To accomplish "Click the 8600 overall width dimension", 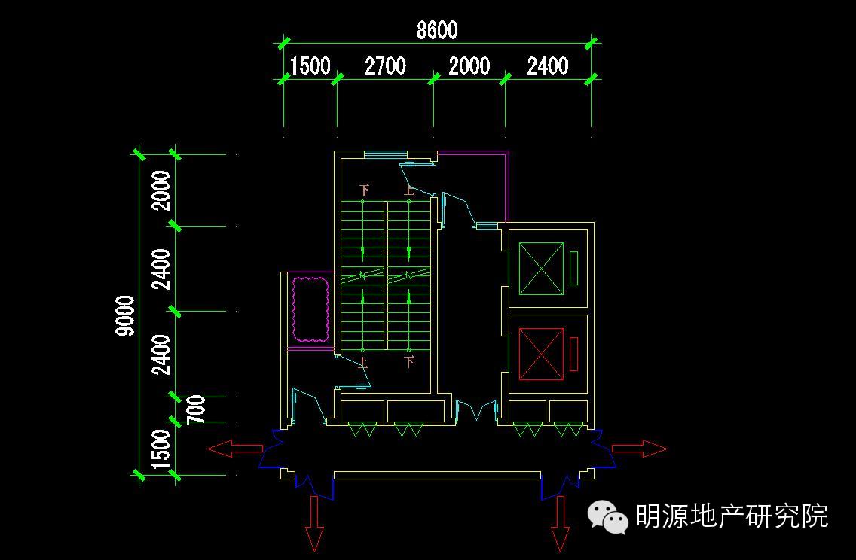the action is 437,30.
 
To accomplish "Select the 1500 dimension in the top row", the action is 310,66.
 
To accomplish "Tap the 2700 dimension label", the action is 385,66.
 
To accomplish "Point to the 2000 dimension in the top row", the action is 469,66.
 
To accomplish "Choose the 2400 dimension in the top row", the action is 548,66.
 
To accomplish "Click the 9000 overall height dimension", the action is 126,315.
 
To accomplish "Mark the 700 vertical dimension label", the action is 197,409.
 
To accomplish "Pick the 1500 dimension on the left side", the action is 161,450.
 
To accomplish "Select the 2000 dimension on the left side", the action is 161,190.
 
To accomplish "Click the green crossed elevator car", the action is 541,269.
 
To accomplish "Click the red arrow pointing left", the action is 234,449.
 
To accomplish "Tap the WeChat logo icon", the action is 608,518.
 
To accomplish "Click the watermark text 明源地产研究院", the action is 732,516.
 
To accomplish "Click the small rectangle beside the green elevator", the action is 573,269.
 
